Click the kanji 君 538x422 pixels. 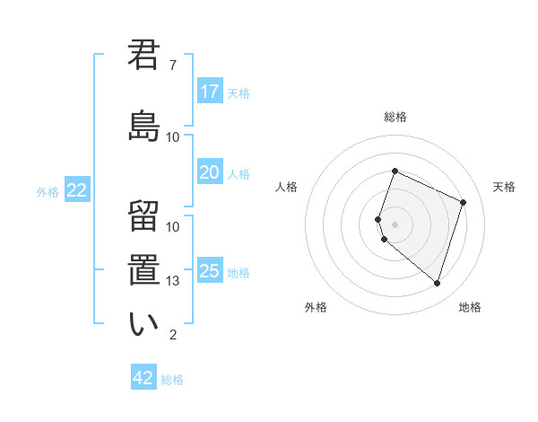[143, 56]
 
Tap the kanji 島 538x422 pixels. [143, 126]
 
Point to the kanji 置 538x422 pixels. [143, 269]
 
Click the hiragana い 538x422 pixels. [143, 323]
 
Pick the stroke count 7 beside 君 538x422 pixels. [173, 66]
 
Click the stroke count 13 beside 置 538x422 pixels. [173, 281]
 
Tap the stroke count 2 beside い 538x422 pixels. [173, 335]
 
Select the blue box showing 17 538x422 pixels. [209, 92]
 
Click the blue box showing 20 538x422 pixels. [209, 172]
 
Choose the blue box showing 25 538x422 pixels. [209, 271]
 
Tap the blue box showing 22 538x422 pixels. [77, 190]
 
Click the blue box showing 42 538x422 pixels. [143, 378]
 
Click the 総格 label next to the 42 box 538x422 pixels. [172, 380]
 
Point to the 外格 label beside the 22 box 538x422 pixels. [48, 191]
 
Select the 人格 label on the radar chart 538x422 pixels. [286, 187]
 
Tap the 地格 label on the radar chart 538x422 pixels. [470, 307]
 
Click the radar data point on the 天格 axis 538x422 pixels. [463, 202]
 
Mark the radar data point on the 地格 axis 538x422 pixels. [437, 283]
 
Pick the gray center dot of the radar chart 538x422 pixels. [395, 224]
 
